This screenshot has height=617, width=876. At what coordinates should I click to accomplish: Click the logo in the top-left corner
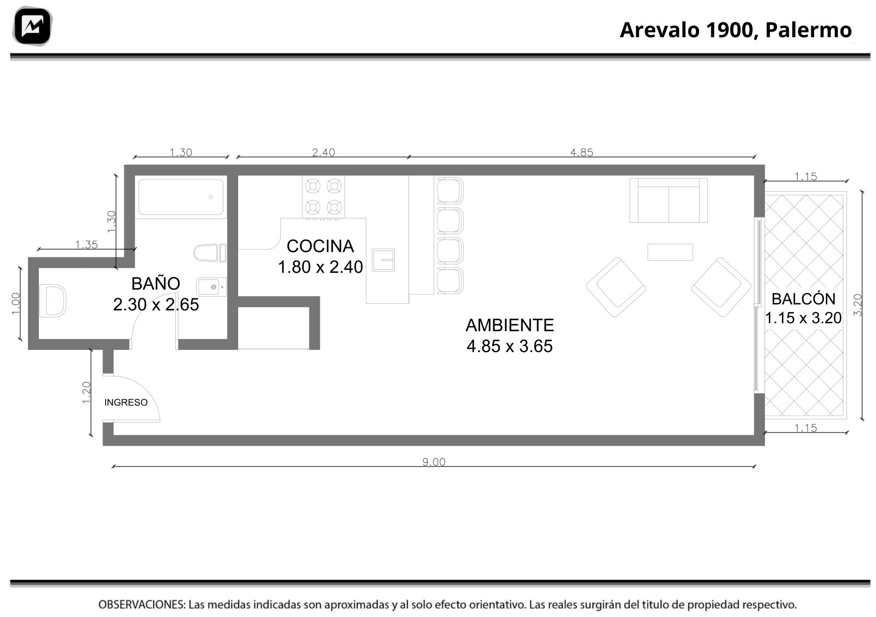pyautogui.click(x=32, y=26)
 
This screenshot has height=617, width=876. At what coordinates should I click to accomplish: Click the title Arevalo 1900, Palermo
pyautogui.click(x=736, y=30)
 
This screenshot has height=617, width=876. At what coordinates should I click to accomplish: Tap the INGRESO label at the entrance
pyautogui.click(x=126, y=402)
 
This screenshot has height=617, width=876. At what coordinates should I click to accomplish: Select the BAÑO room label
pyautogui.click(x=155, y=284)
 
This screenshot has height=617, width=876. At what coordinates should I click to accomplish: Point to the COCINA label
pyautogui.click(x=320, y=246)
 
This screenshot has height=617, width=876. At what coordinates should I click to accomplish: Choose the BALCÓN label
pyautogui.click(x=803, y=299)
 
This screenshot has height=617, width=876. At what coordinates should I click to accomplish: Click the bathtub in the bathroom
pyautogui.click(x=181, y=197)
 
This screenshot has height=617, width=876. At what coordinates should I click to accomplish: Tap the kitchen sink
pyautogui.click(x=383, y=260)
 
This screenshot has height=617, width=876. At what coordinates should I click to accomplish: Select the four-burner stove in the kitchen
pyautogui.click(x=324, y=197)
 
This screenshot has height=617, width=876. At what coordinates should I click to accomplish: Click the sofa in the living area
pyautogui.click(x=668, y=200)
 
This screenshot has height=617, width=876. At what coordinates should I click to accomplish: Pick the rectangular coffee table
pyautogui.click(x=670, y=252)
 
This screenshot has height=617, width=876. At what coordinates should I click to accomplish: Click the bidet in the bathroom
pyautogui.click(x=211, y=287)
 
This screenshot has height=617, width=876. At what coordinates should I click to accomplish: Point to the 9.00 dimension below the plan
pyautogui.click(x=434, y=462)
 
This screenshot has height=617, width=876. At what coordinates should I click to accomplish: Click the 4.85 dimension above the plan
pyautogui.click(x=581, y=152)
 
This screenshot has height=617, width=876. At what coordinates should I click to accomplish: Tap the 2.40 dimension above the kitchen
pyautogui.click(x=324, y=152)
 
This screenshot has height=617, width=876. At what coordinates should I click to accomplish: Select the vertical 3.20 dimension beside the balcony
pyautogui.click(x=857, y=305)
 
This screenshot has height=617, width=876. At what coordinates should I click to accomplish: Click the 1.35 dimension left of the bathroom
pyautogui.click(x=87, y=245)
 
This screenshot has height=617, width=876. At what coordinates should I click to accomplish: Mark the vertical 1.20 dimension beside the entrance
pyautogui.click(x=87, y=393)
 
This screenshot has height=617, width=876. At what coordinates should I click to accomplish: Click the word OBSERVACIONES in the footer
pyautogui.click(x=142, y=605)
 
